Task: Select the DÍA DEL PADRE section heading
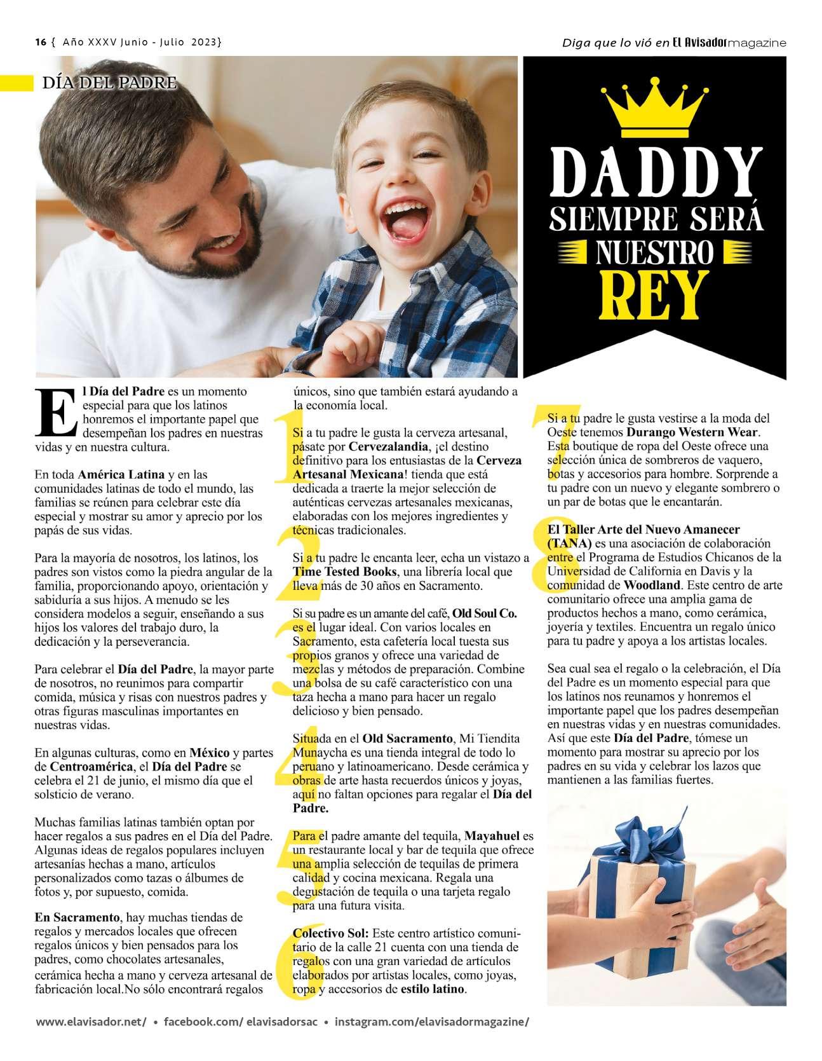pos(108,83)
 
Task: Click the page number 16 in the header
pos(41,43)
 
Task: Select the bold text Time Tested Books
pos(344,572)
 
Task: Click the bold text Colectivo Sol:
pos(330,934)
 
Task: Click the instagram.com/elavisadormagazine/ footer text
pos(431,1022)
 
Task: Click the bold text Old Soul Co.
pos(484,613)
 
